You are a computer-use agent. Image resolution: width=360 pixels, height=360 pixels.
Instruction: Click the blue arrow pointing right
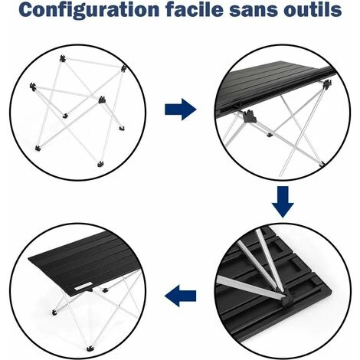(x=178, y=110)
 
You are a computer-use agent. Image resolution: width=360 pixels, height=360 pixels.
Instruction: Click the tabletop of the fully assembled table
(x=80, y=260)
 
